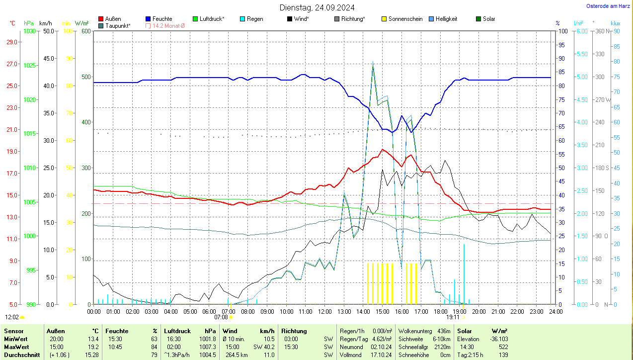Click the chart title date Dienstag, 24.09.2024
tap(317, 7)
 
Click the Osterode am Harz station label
tap(609, 6)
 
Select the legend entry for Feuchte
tap(162, 19)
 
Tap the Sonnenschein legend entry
tap(405, 19)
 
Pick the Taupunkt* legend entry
tap(118, 25)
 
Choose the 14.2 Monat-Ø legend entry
tap(168, 25)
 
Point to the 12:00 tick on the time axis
tap(324, 312)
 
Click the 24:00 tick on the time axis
tap(555, 312)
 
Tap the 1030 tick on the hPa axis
tap(30, 31)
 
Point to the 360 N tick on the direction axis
tap(603, 31)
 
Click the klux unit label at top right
tap(616, 23)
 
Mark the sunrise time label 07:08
tap(221, 317)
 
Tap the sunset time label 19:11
tap(453, 317)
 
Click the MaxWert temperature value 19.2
tap(93, 347)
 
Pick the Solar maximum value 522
tap(503, 347)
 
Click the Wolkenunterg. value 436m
tap(443, 331)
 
